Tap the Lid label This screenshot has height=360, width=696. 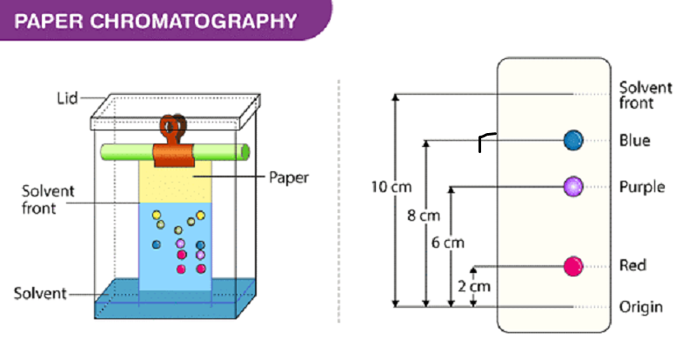(67, 97)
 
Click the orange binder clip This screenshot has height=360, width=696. (173, 141)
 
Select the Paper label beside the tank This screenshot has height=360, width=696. (289, 177)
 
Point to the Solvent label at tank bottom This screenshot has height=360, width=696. (40, 293)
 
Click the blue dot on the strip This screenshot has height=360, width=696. (573, 140)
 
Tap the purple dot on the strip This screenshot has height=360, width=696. (573, 186)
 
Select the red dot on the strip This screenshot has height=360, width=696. (573, 266)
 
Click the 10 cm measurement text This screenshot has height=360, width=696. (391, 187)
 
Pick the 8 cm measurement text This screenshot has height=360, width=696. (424, 216)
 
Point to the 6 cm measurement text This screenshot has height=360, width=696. (448, 243)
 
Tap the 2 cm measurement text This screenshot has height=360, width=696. (474, 286)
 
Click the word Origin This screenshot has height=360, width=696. (641, 307)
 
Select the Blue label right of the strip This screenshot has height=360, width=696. (635, 140)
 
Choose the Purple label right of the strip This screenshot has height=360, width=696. (642, 187)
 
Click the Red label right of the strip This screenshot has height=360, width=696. (632, 265)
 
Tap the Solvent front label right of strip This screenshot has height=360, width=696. (646, 95)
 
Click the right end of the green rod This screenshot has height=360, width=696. (247, 152)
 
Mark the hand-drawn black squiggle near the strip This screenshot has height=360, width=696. (486, 141)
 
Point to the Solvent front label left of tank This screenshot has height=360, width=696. (48, 200)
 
